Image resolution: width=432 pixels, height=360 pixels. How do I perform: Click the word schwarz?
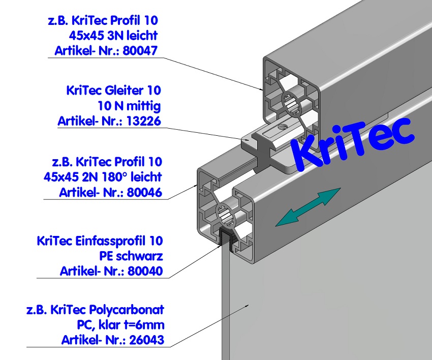pos(141,256)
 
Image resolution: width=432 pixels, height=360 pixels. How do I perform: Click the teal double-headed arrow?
pos(307,206)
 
